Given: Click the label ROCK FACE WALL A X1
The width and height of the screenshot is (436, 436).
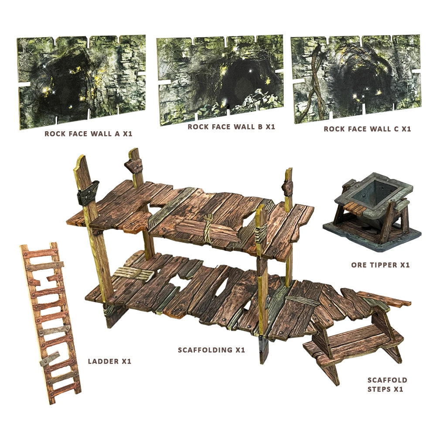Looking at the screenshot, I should [88, 134].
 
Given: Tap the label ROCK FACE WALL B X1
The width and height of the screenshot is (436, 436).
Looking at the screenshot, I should [231, 127].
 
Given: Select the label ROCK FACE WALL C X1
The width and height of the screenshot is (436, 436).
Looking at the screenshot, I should [367, 129].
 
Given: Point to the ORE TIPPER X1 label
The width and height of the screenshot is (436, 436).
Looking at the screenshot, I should [380, 265].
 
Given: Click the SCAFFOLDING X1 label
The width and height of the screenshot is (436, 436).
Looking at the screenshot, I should [211, 350].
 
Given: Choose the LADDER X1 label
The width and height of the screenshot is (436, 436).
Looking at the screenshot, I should [109, 361].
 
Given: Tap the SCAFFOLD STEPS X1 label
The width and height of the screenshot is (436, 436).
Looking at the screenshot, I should [387, 384].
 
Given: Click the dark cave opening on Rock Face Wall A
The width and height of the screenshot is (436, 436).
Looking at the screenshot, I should [65, 87].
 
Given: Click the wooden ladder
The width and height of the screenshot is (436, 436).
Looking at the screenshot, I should [50, 323].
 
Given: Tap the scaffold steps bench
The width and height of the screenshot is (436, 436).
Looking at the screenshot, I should [353, 344].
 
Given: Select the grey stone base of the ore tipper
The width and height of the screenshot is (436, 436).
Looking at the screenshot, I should [371, 238].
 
